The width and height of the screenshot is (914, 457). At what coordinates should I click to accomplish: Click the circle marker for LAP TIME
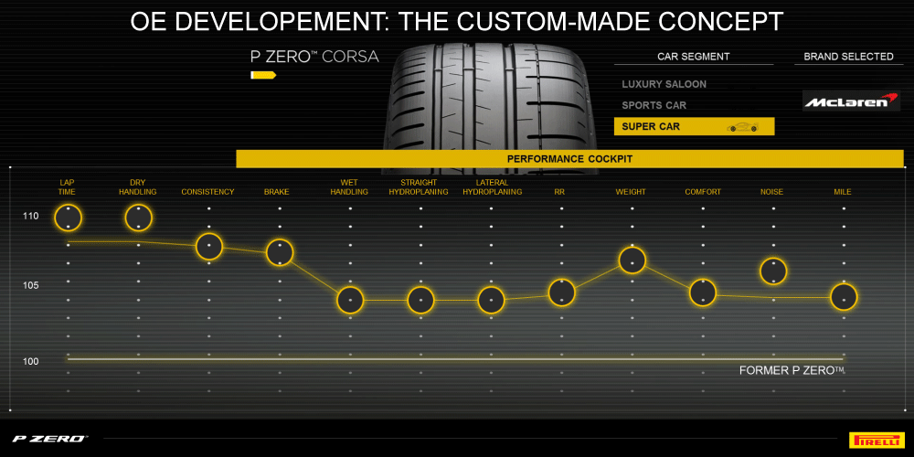(x=69, y=218)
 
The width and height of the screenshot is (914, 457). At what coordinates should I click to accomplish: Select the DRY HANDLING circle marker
(x=138, y=218)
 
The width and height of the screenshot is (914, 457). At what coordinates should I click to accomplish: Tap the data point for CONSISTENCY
(x=209, y=247)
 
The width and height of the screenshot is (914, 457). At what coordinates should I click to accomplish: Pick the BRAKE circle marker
(x=279, y=252)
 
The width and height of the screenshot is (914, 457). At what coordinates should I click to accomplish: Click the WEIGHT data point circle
(x=632, y=260)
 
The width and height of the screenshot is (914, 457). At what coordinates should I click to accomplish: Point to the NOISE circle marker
(x=773, y=271)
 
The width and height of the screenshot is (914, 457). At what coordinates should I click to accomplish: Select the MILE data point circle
(x=844, y=297)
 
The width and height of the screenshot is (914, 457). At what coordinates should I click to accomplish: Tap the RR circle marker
(x=562, y=292)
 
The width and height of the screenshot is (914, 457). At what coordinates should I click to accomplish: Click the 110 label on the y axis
(x=31, y=217)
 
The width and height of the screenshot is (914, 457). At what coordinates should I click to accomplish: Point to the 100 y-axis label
(x=31, y=361)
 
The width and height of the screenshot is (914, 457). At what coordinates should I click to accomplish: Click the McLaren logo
(x=851, y=101)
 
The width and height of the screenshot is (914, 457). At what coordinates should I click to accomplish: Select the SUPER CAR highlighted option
(x=695, y=126)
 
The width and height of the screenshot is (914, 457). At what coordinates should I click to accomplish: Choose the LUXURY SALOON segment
(x=664, y=84)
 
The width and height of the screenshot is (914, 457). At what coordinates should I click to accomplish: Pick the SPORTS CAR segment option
(x=654, y=105)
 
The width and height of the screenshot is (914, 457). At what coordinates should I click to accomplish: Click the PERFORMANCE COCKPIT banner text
(x=569, y=158)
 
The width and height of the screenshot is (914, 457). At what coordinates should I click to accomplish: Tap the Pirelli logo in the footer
(x=877, y=439)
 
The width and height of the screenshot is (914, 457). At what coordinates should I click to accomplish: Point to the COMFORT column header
(x=702, y=192)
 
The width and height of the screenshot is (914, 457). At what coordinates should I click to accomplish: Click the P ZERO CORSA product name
(x=314, y=57)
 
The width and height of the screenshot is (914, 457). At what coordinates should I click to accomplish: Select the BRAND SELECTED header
(x=848, y=57)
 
